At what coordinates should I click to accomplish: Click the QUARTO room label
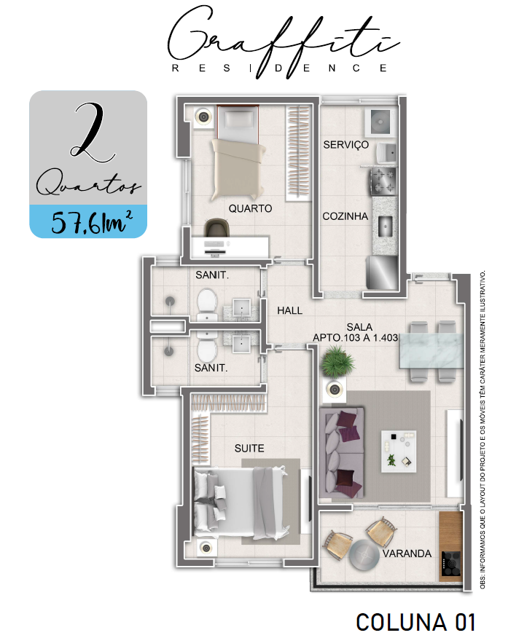point(250,209)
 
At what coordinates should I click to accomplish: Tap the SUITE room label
point(249,449)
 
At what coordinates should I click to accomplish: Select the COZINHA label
point(346,216)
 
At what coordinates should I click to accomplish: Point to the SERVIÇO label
point(346,145)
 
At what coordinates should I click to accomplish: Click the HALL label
point(289,311)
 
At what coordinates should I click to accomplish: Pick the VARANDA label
point(407,554)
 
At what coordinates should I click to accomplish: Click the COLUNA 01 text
point(415,622)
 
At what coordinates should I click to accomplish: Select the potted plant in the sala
point(337,361)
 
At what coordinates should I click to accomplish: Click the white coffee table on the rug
point(398,452)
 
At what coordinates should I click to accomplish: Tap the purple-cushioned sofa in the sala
point(341,452)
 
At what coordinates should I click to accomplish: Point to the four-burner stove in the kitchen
point(383,181)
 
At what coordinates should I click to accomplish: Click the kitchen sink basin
point(384,227)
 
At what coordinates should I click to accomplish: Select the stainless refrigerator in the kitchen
point(382,272)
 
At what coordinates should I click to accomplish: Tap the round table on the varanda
point(364,554)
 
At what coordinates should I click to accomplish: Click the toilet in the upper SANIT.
point(207,304)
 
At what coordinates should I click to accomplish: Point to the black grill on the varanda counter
point(450,563)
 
